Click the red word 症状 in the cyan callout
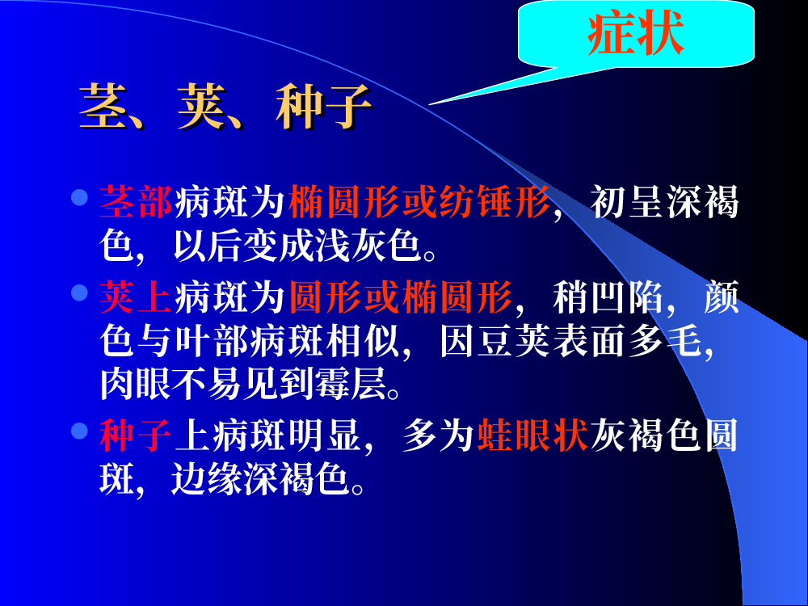point(636,33)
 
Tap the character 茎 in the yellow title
point(104,107)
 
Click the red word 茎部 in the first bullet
point(136,202)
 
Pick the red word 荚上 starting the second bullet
point(136,297)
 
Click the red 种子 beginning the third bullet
point(136,436)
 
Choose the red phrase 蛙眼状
point(532,436)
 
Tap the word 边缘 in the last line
point(207,478)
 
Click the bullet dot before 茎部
point(79,197)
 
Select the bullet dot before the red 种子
point(79,431)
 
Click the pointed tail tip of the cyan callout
point(429,104)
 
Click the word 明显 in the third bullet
point(324,436)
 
